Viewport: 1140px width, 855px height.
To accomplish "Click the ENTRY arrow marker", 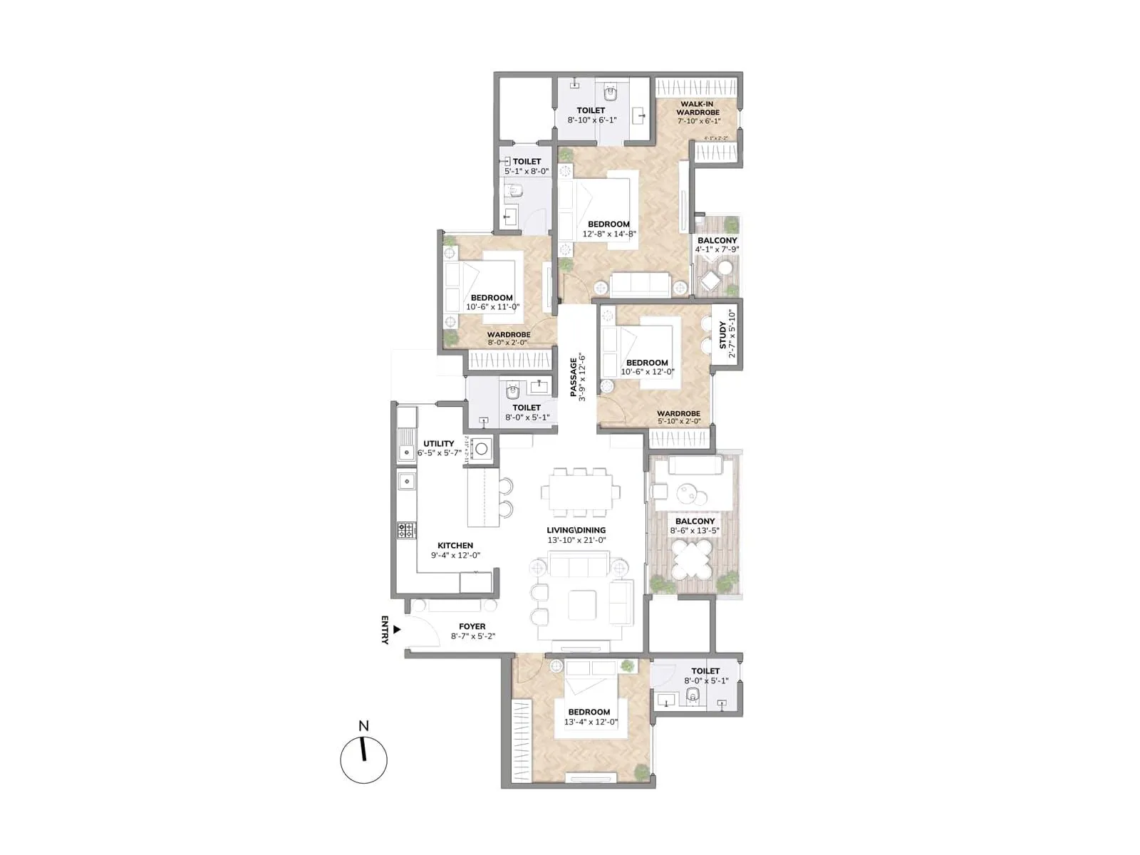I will [397, 630].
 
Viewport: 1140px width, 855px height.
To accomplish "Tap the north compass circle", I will [363, 760].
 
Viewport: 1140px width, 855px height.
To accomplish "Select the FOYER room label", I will [472, 627].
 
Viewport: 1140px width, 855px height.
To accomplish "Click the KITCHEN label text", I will [455, 546].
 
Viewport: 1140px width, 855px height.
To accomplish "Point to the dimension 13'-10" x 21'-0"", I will [576, 540].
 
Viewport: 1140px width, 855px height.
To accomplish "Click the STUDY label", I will [723, 335].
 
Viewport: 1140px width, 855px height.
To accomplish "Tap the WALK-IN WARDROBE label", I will [698, 108].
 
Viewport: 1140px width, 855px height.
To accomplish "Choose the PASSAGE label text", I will [574, 376].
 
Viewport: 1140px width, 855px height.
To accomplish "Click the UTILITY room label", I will [438, 443].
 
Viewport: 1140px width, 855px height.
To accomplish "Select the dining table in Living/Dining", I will [579, 492].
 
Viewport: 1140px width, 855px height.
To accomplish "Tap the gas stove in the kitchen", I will [406, 530].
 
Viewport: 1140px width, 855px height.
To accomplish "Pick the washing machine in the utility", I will [482, 448].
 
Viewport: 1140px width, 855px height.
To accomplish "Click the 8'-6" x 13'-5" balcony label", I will [695, 531].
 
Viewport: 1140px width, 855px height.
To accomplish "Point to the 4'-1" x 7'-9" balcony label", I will [717, 249].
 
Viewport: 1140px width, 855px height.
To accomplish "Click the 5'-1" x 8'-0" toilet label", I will [527, 171].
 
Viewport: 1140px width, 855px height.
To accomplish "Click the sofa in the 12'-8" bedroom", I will [640, 285].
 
